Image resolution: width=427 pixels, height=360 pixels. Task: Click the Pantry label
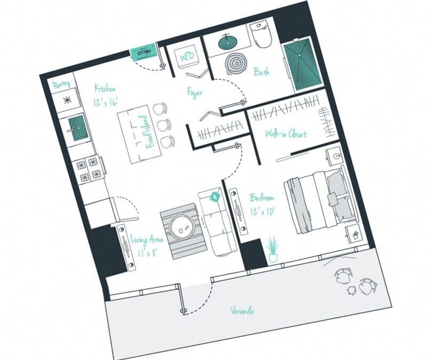pos(61,85)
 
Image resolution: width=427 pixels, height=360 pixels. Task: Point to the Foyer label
pos(195,92)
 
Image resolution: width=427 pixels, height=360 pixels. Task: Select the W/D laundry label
pos(187,57)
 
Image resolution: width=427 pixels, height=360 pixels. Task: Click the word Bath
pos(261,71)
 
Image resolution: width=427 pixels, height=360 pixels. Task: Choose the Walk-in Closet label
pos(286,134)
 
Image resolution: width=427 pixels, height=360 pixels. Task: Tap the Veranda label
pos(242,310)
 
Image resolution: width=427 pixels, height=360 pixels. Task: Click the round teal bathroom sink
pos(228,42)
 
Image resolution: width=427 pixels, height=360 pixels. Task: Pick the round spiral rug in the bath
pos(235,64)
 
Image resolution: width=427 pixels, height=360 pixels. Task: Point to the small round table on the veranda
pos(352,290)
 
